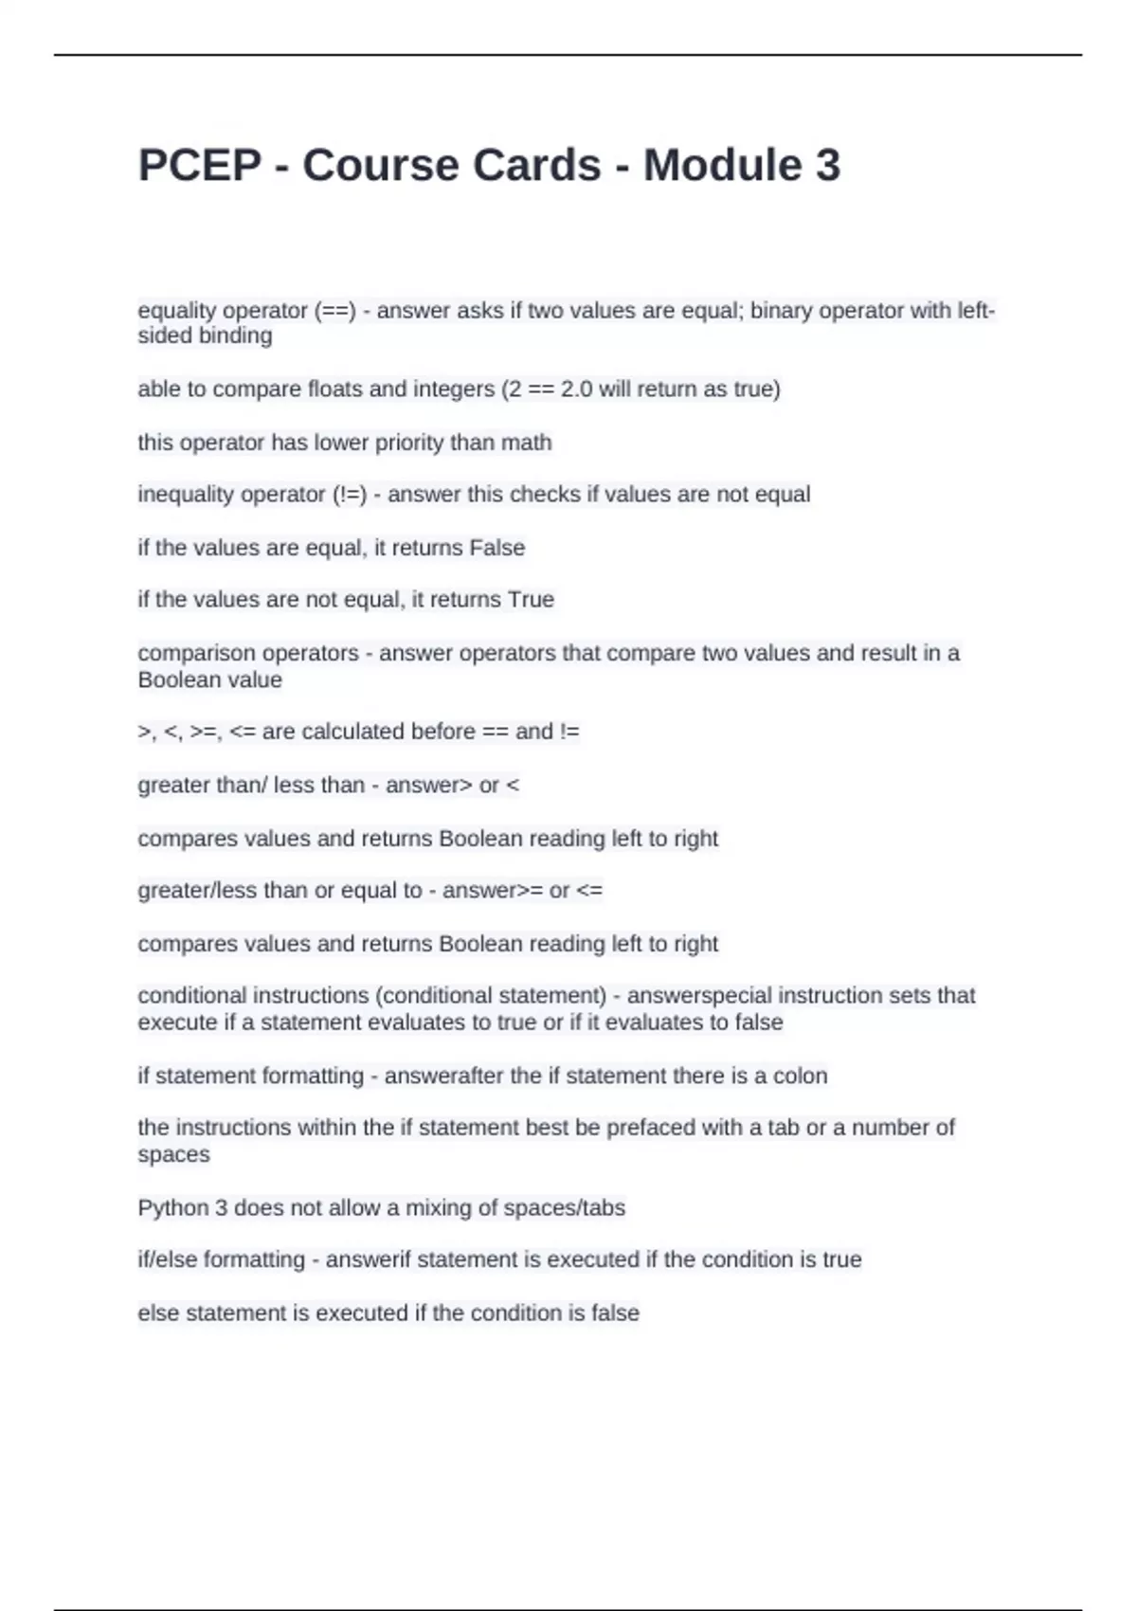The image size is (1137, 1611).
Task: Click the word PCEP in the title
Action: (x=199, y=166)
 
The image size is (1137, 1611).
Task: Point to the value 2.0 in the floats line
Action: (x=576, y=389)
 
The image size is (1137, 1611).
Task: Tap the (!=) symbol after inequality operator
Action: (x=350, y=495)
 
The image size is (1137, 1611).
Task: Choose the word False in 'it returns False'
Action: (x=497, y=548)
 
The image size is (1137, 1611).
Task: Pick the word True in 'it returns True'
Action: (x=531, y=600)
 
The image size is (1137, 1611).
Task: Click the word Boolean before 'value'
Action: (x=181, y=680)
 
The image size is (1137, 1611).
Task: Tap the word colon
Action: (x=801, y=1077)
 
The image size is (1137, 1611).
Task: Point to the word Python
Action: (x=171, y=1208)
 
